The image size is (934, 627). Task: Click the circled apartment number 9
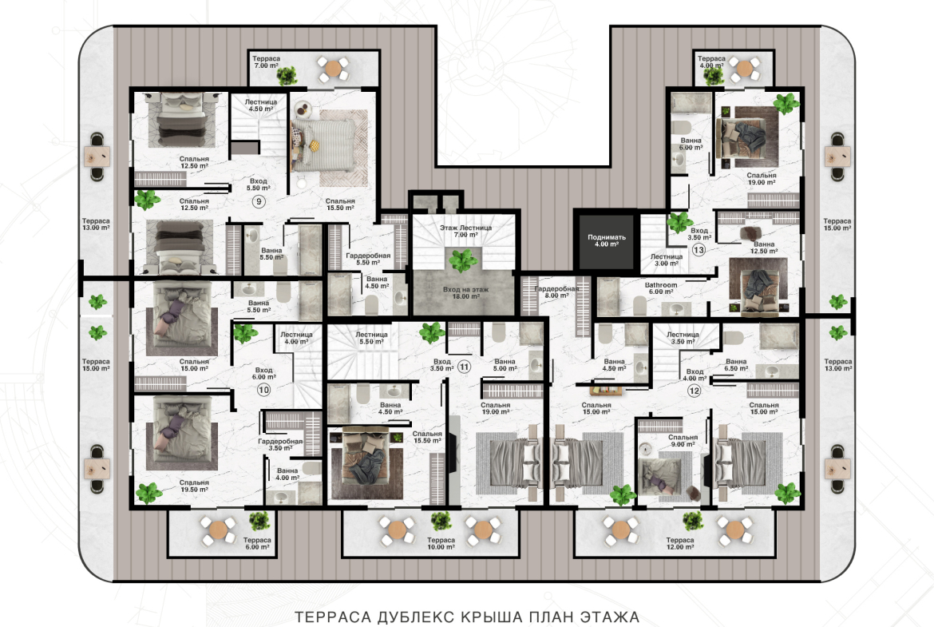259,201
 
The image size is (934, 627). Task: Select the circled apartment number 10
263,390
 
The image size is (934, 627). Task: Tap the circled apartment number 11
464,367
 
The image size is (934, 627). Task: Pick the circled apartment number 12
694,391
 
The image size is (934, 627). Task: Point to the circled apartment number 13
699,250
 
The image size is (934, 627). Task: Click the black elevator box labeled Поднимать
607,240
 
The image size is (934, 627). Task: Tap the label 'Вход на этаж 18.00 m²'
465,292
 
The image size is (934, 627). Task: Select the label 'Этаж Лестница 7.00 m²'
466,232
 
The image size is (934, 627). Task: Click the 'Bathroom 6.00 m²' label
661,288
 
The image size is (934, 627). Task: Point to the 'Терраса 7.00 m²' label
266,62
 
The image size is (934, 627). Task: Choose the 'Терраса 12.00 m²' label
679,544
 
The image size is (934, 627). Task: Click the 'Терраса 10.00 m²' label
441,544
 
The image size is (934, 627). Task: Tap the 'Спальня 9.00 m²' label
683,440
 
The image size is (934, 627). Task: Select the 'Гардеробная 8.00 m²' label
556,292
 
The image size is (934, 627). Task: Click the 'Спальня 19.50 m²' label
194,486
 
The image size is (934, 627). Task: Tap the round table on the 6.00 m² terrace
219,530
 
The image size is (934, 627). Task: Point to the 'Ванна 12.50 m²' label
764,248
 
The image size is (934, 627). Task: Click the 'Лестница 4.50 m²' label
260,105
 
